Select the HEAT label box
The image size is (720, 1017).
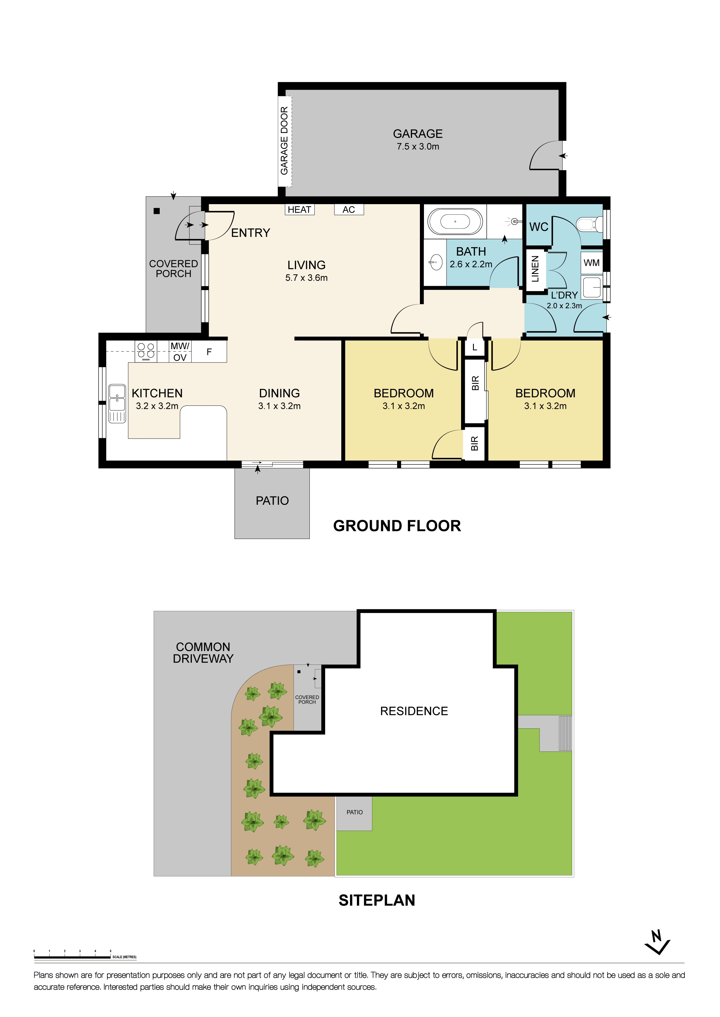tap(300, 209)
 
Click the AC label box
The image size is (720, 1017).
tap(349, 209)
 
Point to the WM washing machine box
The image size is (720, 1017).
tap(591, 263)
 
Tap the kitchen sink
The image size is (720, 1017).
tap(117, 403)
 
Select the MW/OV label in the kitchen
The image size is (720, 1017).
tap(180, 352)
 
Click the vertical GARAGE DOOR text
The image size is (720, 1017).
tap(284, 141)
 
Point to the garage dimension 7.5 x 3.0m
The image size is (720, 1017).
tap(418, 146)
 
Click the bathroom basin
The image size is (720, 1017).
tap(435, 262)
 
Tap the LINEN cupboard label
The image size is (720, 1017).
tap(535, 269)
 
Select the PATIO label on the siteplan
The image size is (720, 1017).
tap(354, 812)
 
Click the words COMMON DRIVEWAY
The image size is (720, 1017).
tap(203, 652)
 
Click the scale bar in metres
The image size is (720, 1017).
tap(72, 957)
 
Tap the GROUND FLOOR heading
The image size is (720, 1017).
tap(397, 526)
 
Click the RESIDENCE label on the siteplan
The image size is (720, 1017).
tap(414, 711)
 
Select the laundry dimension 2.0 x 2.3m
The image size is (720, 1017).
tap(564, 306)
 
